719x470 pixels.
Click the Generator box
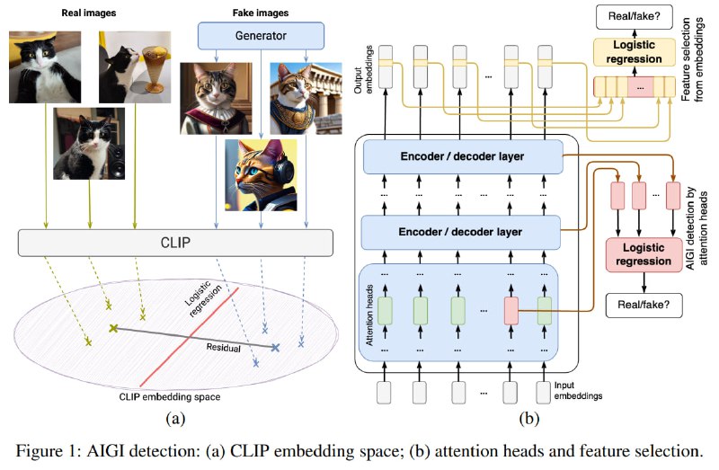point(261,36)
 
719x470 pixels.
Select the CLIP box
point(175,243)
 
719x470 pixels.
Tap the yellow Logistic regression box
point(635,52)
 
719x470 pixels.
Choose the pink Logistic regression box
point(644,254)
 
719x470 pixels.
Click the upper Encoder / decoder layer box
point(463,157)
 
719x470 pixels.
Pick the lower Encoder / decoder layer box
point(461,232)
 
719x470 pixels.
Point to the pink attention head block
point(511,311)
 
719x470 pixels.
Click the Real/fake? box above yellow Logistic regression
point(635,16)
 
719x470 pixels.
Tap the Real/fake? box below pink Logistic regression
point(644,306)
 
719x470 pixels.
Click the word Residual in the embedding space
point(223,348)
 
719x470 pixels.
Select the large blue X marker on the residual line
point(275,348)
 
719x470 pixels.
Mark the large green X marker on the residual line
point(113,328)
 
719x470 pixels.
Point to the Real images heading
point(89,13)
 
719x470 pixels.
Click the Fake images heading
point(261,13)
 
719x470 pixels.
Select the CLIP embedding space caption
point(170,397)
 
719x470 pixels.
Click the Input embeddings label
point(578,391)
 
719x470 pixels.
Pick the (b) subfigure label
point(528,418)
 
